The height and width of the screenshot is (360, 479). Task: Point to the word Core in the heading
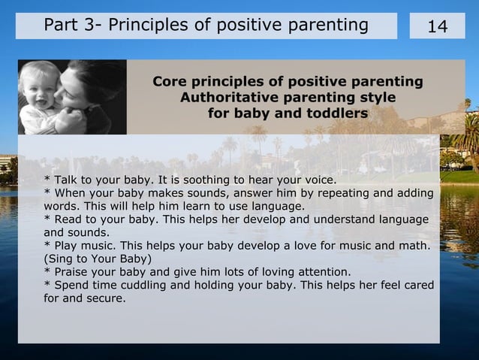point(170,81)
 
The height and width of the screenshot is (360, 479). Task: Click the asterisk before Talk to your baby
point(47,180)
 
